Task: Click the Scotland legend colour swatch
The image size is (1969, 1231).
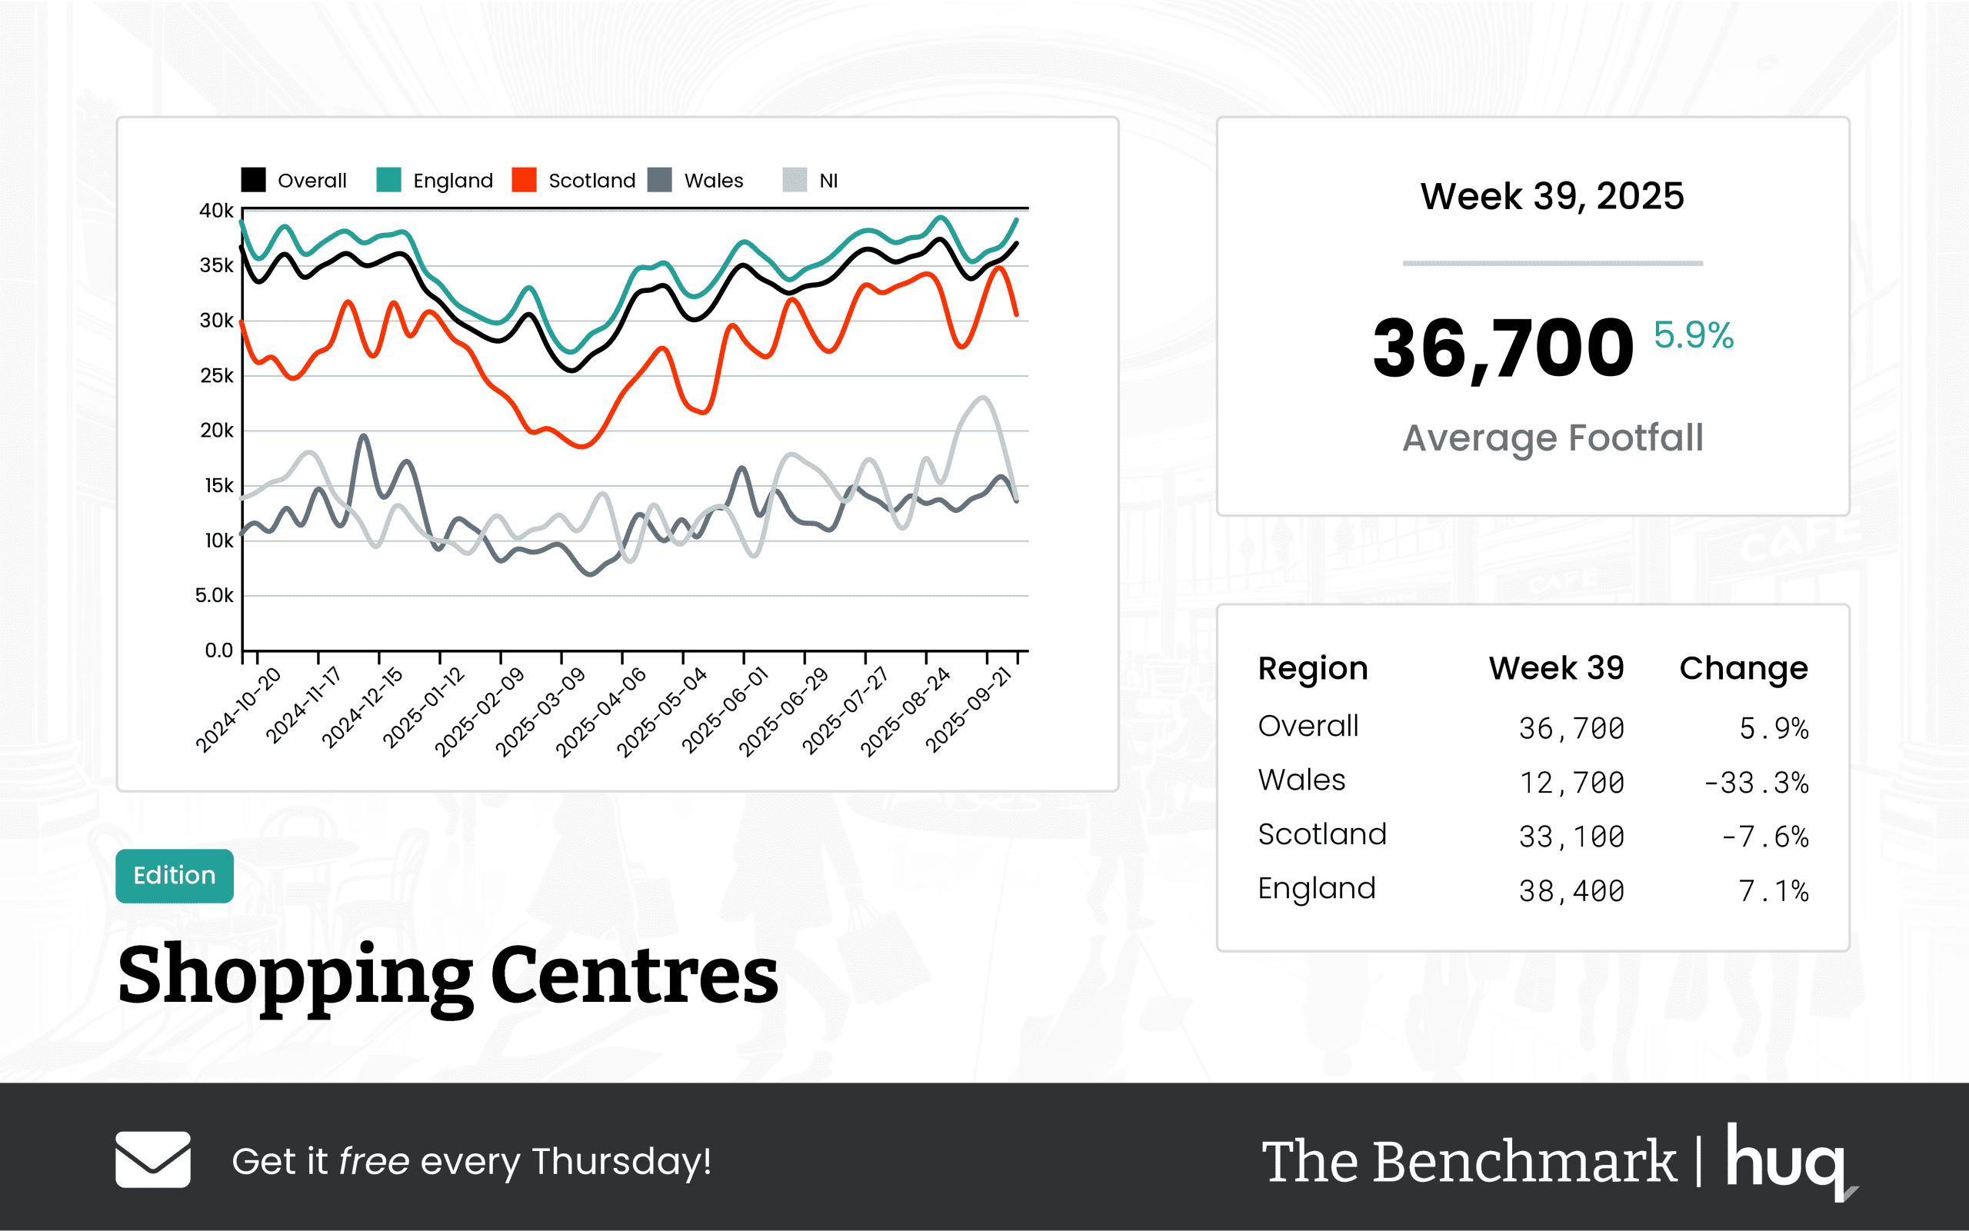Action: coord(524,180)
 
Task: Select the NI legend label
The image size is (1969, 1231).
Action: coord(828,181)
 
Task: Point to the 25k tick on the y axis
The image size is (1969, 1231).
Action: coord(217,376)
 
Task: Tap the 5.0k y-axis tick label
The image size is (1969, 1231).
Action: coord(214,596)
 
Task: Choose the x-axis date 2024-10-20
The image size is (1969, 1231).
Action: coord(238,710)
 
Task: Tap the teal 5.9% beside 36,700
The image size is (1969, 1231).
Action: coord(1693,335)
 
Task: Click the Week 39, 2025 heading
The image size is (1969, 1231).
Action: coord(1552,196)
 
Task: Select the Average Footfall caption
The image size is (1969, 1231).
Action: coord(1552,438)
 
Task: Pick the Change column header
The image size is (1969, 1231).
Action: coord(1744,668)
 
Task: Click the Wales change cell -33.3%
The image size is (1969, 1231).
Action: coord(1756,784)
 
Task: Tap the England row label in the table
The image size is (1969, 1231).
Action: coord(1317,888)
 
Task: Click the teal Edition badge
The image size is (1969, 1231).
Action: coord(175,876)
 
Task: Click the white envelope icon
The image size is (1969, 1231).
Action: coord(153,1159)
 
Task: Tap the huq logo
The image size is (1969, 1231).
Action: coord(1787,1160)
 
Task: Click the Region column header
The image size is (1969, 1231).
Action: coord(1313,668)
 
